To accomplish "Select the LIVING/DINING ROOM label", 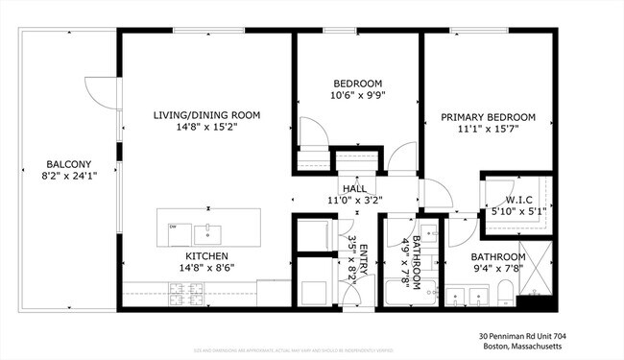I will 206,115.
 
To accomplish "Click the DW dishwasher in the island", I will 174,228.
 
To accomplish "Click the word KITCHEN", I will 206,256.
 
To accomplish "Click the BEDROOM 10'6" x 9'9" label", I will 357,84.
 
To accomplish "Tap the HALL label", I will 354,190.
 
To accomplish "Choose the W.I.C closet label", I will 519,200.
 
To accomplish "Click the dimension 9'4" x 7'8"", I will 497,271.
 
